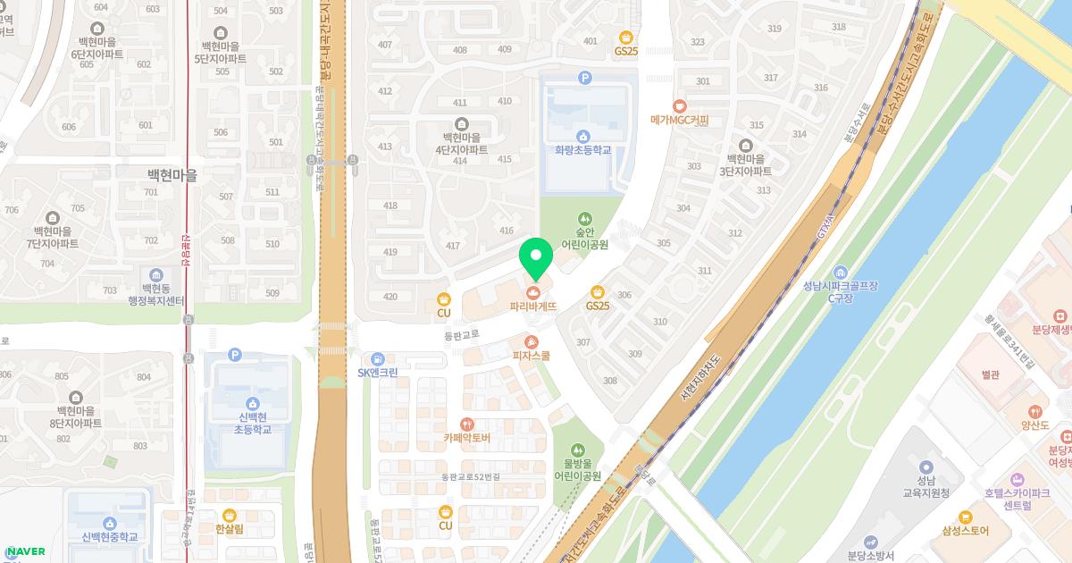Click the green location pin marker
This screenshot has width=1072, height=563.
[x=535, y=258]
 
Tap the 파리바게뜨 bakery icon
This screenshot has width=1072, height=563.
[x=533, y=291]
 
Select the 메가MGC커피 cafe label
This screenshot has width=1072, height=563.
[x=679, y=120]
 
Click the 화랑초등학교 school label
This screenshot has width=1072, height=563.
[x=582, y=150]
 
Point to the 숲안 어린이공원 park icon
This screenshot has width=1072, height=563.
[x=584, y=217]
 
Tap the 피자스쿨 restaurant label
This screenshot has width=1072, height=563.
[x=531, y=356]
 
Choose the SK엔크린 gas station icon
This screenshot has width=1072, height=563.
[x=377, y=358]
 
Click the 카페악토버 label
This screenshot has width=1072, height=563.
[x=466, y=438]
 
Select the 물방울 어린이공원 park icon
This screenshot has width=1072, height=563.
[x=577, y=449]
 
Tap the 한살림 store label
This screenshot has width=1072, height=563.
[x=229, y=530]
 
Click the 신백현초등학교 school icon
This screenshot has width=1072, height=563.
[x=252, y=403]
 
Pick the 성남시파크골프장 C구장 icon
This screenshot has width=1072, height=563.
[x=840, y=271]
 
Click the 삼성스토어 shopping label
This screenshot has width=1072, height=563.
[x=965, y=531]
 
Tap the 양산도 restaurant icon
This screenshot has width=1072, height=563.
[x=1034, y=411]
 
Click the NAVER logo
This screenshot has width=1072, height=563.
[x=26, y=551]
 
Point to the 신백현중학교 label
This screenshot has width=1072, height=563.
[x=110, y=537]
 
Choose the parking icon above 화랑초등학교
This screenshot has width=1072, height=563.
[x=585, y=78]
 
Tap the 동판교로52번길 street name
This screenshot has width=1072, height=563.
[x=470, y=477]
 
